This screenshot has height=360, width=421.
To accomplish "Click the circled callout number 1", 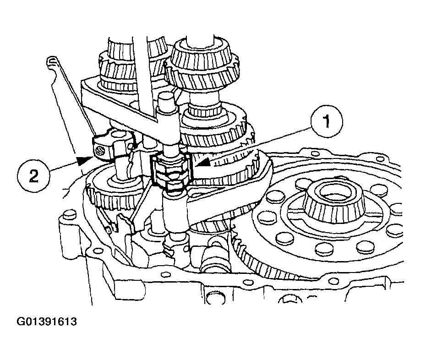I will point(326,121).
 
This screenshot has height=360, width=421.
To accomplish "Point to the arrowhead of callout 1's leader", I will point(204,163).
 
